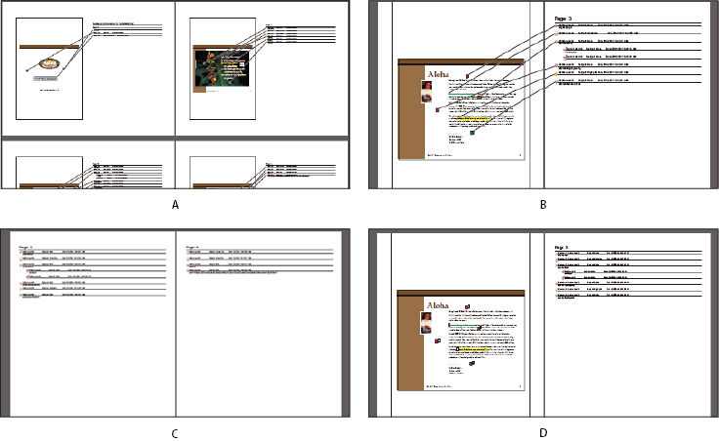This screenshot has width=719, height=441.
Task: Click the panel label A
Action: [175, 204]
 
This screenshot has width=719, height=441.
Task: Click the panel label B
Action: [542, 204]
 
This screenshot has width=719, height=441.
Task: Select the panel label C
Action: [175, 433]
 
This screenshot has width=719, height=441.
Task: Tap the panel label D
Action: [542, 433]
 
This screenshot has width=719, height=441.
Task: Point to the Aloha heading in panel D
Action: [436, 304]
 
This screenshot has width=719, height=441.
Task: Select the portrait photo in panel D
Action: [427, 322]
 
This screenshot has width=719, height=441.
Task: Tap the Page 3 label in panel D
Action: [563, 248]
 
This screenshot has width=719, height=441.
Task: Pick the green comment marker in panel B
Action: [473, 133]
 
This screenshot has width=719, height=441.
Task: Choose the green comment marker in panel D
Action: [472, 364]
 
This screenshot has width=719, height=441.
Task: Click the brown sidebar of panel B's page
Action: [409, 127]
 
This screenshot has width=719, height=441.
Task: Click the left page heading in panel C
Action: [26, 248]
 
